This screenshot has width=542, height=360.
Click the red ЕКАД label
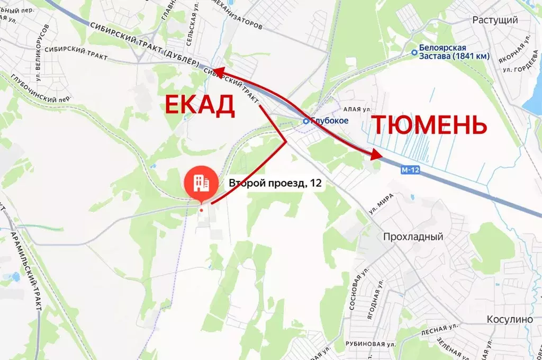tap(199, 105)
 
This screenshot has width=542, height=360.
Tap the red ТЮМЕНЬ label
tap(428, 125)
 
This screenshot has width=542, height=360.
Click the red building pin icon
tap(201, 183)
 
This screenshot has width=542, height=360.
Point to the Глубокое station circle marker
tap(306, 121)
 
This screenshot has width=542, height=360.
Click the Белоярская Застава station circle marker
tap(414, 52)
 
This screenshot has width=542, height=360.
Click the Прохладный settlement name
tap(413, 237)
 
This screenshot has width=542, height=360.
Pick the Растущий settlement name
tap(495, 20)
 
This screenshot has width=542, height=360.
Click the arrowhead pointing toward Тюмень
tap(376, 155)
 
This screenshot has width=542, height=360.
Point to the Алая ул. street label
tap(358, 109)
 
